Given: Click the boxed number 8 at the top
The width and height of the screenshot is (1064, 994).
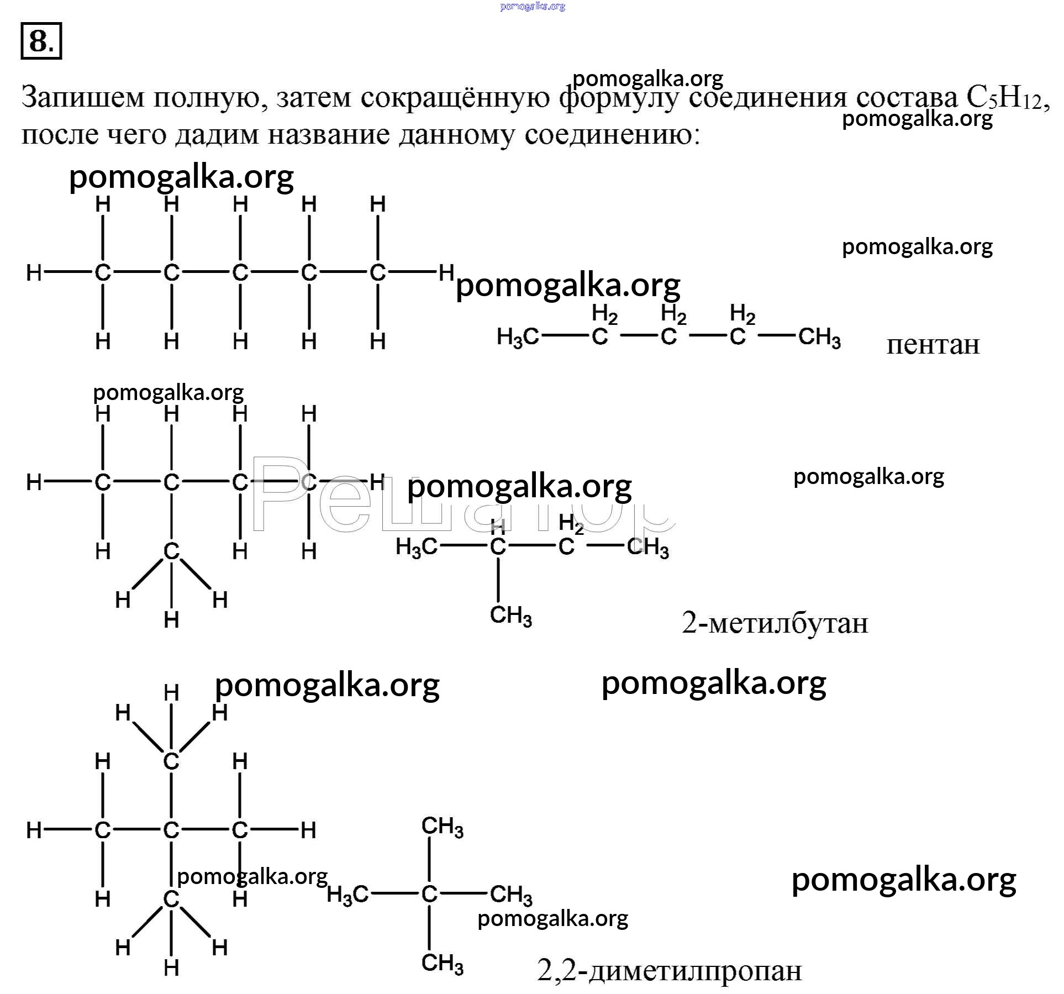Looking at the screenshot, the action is click(x=41, y=41).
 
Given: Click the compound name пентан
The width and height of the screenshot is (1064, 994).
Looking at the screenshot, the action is click(x=933, y=345).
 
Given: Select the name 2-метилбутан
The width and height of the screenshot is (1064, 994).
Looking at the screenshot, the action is click(x=775, y=623).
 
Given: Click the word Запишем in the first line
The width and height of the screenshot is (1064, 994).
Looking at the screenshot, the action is click(x=82, y=97).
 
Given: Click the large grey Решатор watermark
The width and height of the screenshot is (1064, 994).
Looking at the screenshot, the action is click(x=462, y=496).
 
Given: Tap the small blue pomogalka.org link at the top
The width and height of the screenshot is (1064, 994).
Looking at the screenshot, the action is click(x=533, y=7).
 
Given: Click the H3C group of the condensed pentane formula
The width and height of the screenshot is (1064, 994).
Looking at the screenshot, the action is click(x=518, y=337).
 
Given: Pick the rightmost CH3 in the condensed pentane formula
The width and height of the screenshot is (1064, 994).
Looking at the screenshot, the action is click(x=820, y=337).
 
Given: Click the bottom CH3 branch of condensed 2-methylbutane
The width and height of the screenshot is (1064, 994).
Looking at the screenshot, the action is click(x=511, y=616).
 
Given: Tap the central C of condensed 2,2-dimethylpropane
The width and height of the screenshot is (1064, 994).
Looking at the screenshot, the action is click(x=429, y=895).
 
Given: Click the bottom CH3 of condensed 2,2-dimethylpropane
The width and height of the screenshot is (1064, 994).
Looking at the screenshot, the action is click(x=443, y=963).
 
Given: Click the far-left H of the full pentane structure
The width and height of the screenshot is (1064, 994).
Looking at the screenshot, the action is click(x=34, y=272).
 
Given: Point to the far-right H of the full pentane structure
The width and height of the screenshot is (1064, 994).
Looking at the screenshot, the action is click(x=446, y=272).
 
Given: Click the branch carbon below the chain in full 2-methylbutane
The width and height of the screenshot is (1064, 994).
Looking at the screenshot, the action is click(x=171, y=551).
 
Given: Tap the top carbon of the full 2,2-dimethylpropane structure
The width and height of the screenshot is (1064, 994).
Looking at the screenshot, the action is click(x=171, y=761).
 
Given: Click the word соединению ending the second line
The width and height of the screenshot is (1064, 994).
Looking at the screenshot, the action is click(x=612, y=135).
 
